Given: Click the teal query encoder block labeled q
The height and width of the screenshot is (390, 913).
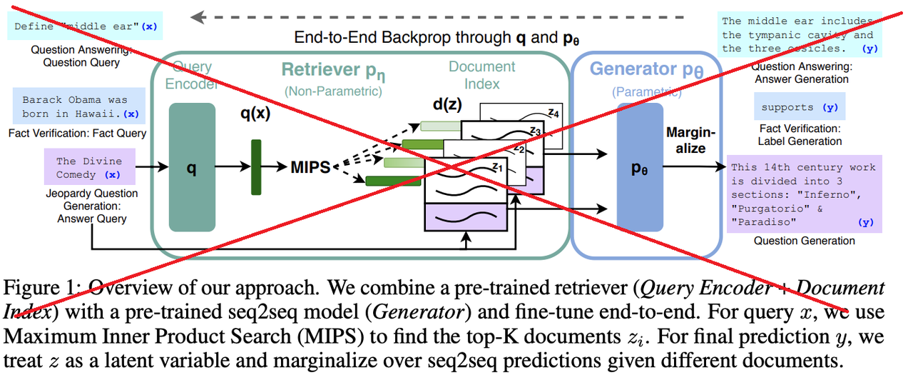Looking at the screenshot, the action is click(x=192, y=167).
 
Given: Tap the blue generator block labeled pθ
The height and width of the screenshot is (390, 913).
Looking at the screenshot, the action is click(x=640, y=167).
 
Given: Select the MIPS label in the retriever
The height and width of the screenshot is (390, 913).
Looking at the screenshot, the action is click(x=310, y=167).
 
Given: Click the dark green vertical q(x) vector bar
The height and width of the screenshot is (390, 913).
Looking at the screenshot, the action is click(x=256, y=167).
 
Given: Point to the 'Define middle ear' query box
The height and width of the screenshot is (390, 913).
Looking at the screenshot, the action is click(x=85, y=26).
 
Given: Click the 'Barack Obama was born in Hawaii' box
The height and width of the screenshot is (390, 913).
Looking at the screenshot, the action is click(x=79, y=106).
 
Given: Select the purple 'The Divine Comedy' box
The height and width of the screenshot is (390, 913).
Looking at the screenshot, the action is click(x=90, y=167).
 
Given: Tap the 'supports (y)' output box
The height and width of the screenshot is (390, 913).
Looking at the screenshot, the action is click(x=800, y=106).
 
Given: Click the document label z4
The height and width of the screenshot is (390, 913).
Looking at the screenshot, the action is click(x=553, y=113).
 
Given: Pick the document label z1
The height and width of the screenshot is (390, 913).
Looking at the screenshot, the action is click(x=497, y=167).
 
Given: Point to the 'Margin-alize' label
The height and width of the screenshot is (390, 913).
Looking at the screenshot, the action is click(x=690, y=140).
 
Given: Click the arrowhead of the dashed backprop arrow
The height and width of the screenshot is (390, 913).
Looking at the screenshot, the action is click(x=198, y=17).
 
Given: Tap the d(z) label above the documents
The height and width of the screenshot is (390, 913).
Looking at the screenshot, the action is click(x=447, y=104).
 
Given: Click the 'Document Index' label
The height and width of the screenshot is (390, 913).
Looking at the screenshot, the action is click(x=481, y=75).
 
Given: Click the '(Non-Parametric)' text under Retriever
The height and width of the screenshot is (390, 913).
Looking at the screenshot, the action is click(x=333, y=91).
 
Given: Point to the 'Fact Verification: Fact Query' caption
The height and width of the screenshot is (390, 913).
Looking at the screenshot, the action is click(x=78, y=133).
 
